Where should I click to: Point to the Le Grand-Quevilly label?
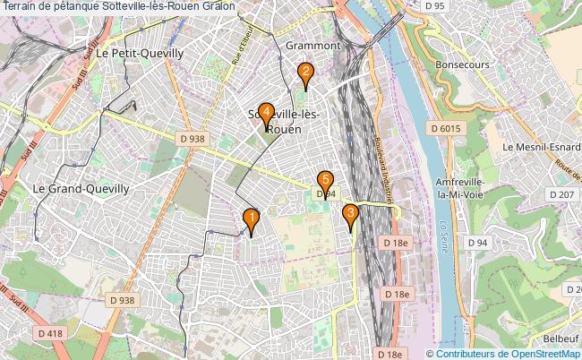(81, 189)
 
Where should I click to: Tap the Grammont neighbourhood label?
(312, 45)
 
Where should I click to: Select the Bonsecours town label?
(462, 65)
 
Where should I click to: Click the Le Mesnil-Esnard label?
(542, 147)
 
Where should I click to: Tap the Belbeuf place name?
(561, 339)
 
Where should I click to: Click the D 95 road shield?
(435, 7)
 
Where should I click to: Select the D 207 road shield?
(561, 194)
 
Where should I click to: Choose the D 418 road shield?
(51, 334)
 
